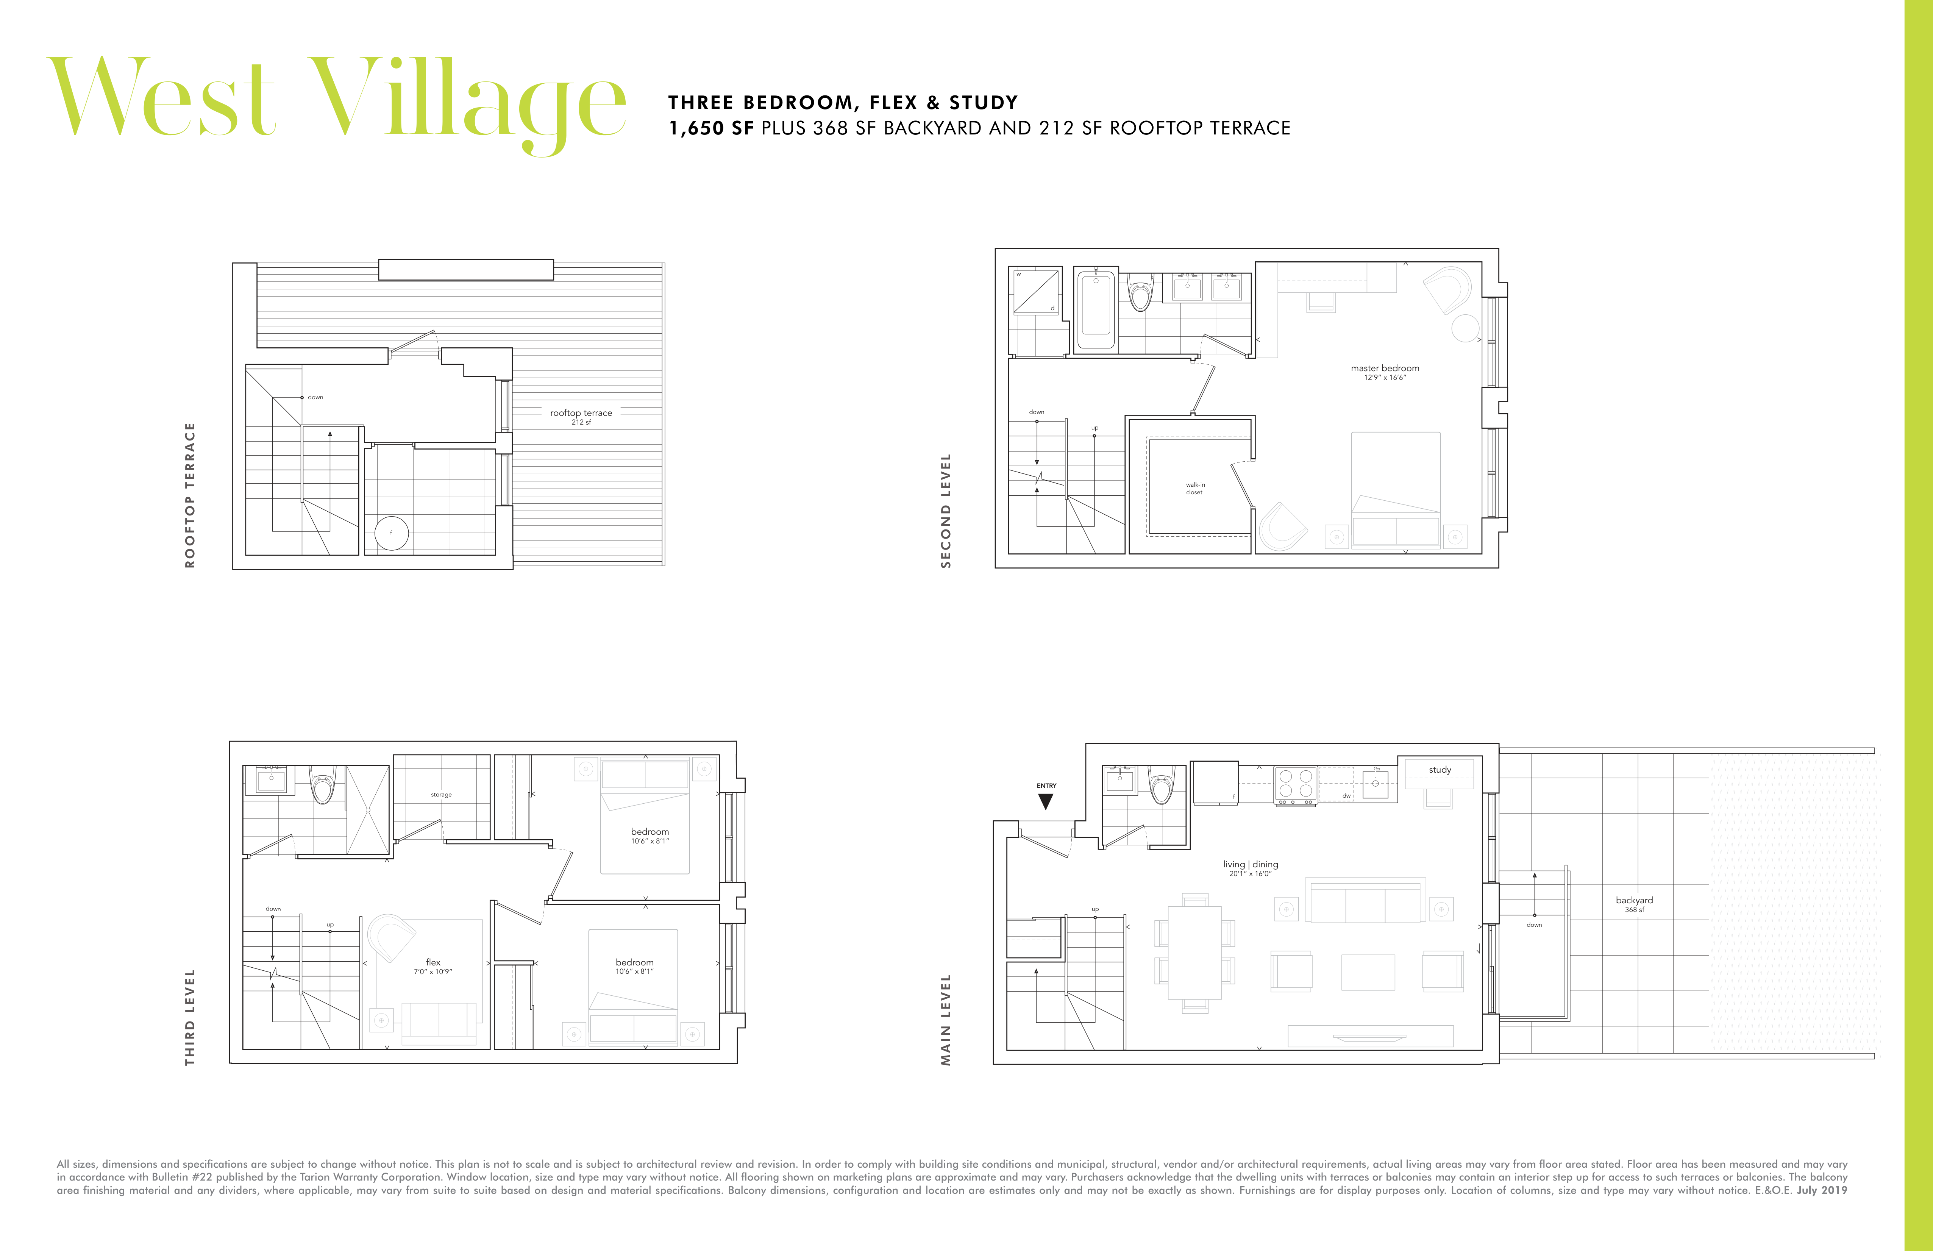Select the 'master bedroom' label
coord(1385,368)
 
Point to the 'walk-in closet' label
coord(1195,488)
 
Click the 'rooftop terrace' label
coord(581,413)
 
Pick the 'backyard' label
coord(1634,900)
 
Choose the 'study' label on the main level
coord(1440,769)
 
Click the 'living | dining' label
coord(1251,864)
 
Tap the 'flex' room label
coord(433,962)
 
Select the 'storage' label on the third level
coord(441,795)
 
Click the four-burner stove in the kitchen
coord(1296,786)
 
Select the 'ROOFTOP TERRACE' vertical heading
coord(190,495)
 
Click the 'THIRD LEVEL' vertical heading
coord(190,1017)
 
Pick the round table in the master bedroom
coord(1465,328)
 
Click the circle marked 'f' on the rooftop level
coord(392,533)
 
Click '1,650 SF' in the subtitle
coord(710,128)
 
